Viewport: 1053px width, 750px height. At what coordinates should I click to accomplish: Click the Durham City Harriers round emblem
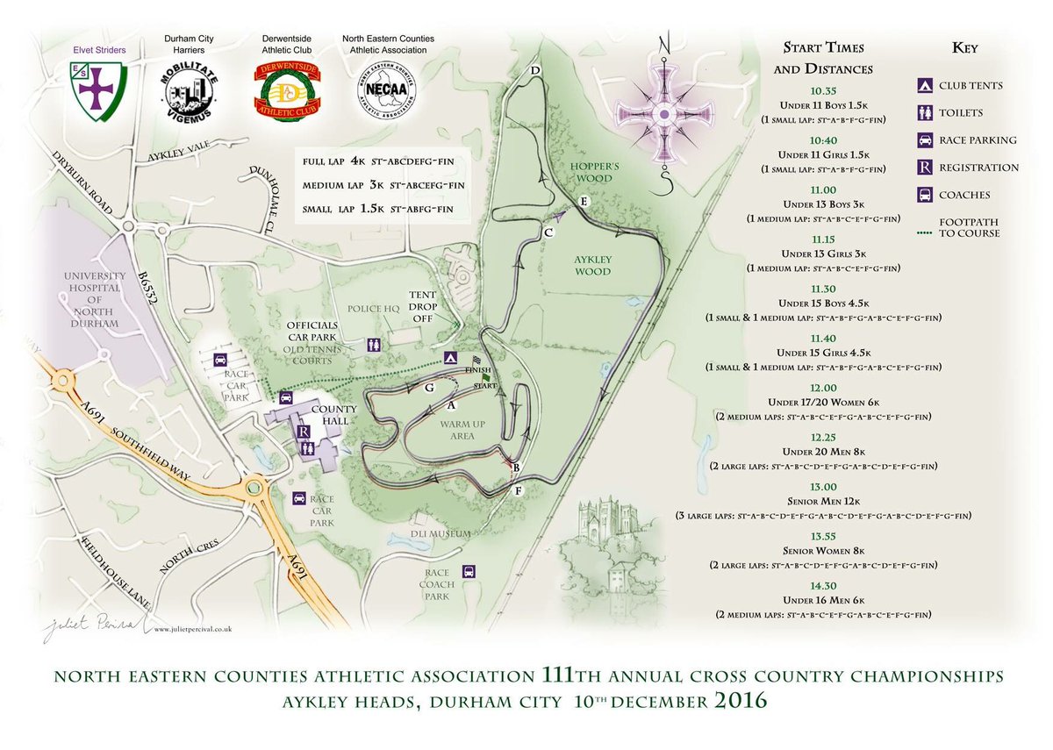click(190, 90)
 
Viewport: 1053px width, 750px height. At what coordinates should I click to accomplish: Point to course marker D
click(534, 70)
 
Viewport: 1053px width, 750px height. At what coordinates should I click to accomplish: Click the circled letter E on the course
click(584, 201)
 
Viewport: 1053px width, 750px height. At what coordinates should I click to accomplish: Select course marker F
click(518, 491)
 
